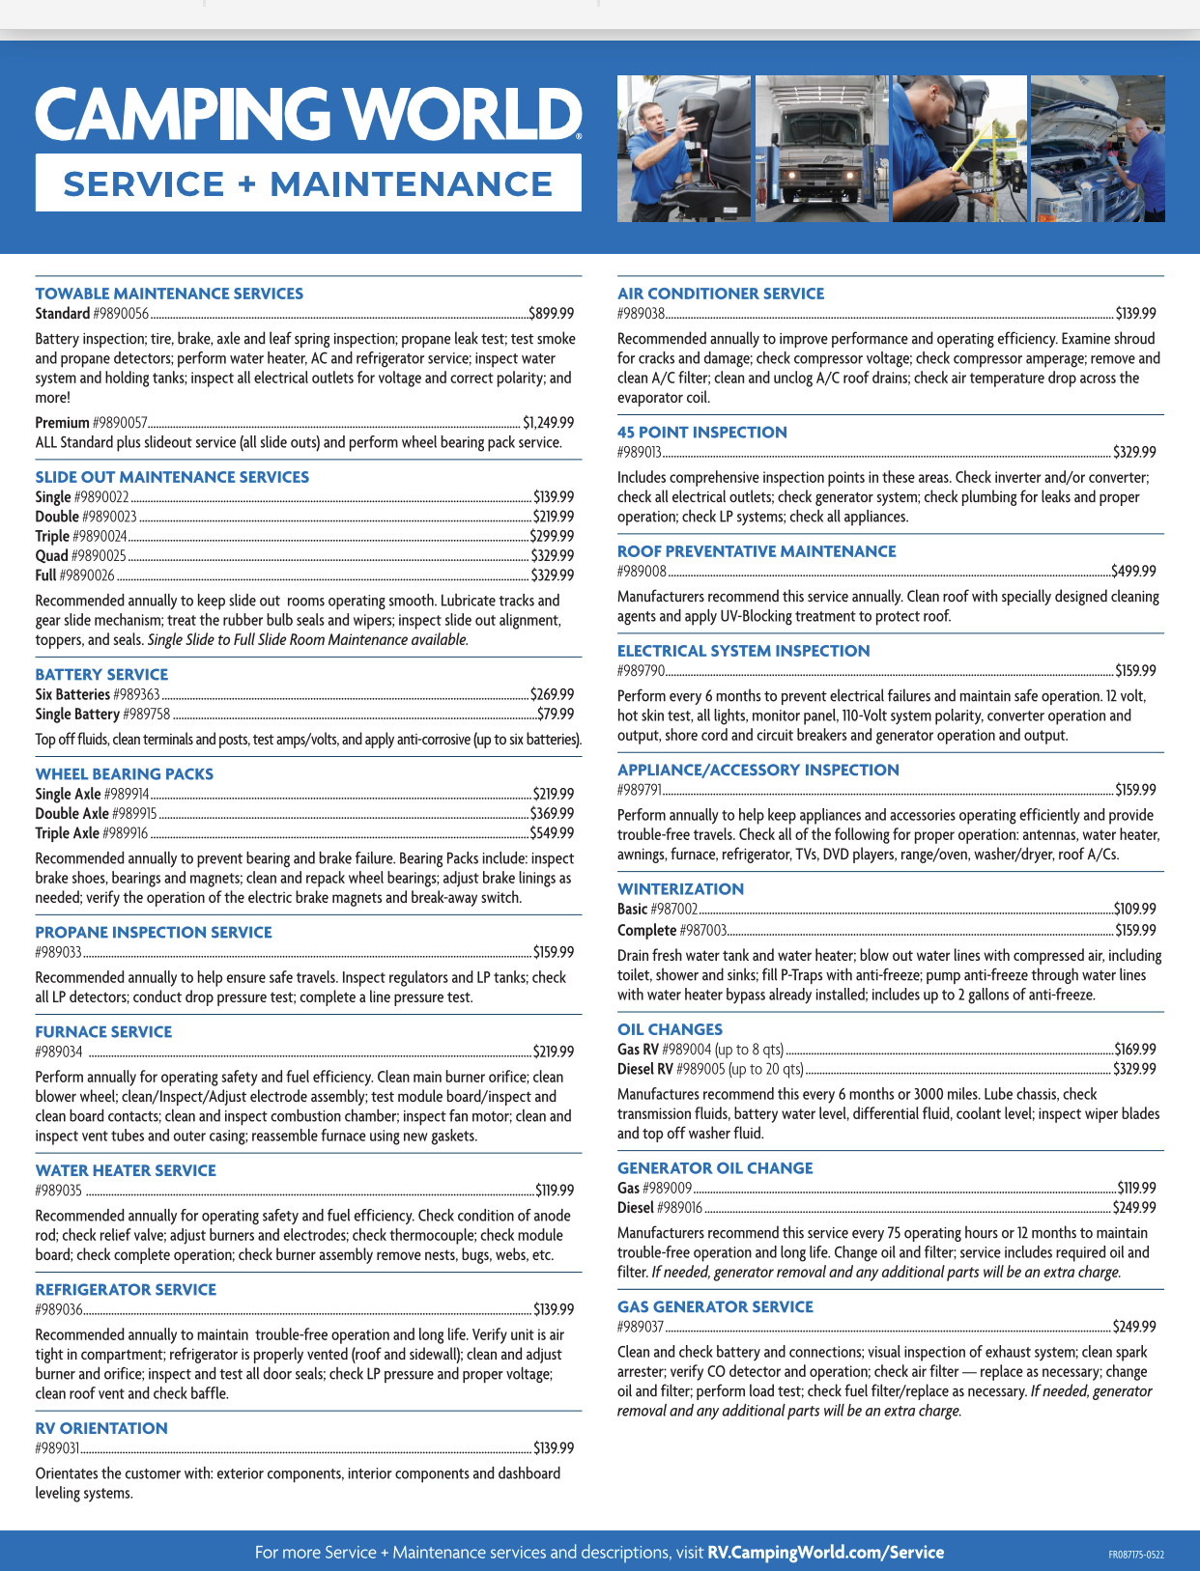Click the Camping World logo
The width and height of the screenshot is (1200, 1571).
[308, 114]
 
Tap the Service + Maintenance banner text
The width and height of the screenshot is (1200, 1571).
[308, 183]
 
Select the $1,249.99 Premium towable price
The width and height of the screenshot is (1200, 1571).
[548, 423]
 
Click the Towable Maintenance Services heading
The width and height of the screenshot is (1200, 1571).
[169, 294]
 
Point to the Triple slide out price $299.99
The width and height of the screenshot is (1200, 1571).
[552, 536]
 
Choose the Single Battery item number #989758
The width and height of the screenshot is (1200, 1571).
[146, 715]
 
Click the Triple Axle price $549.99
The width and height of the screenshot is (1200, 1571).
[552, 833]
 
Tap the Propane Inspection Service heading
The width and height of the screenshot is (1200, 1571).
[154, 933]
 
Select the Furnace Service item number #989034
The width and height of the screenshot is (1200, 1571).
[59, 1052]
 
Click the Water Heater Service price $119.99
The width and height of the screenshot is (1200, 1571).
[555, 1191]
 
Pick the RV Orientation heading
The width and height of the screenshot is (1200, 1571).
[101, 1428]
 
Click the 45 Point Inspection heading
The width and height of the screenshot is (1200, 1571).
[702, 433]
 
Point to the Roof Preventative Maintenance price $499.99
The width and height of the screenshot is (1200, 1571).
[1133, 572]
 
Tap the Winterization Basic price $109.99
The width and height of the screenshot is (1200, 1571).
[1134, 910]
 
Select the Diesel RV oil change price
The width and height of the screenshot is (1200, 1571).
[1134, 1070]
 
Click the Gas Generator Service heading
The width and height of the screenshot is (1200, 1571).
[715, 1307]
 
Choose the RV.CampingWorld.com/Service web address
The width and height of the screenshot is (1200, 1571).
[826, 1553]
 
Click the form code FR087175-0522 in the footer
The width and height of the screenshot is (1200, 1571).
[1136, 1555]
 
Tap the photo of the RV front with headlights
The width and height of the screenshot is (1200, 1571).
[821, 149]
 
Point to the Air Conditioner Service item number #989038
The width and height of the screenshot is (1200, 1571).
[641, 314]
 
